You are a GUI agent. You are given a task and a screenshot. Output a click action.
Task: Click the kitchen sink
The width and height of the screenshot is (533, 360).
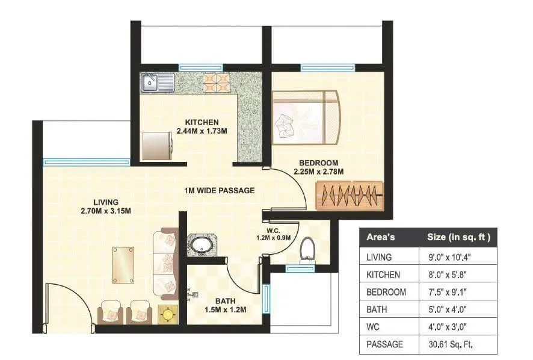tap(157, 82)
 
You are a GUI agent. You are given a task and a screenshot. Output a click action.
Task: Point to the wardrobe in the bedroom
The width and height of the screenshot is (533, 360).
tap(350, 196)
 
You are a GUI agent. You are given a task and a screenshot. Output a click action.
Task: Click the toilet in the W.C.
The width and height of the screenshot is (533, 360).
tap(307, 249)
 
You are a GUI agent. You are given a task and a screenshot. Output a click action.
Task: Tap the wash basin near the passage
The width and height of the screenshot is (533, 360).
tap(199, 245)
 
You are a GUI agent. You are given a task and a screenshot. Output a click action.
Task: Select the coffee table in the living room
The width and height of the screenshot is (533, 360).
tap(124, 265)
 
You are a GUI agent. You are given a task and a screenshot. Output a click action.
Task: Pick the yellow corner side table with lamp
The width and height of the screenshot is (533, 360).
tap(167, 314)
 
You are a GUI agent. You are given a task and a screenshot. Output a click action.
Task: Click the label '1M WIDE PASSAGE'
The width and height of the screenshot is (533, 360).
tap(219, 190)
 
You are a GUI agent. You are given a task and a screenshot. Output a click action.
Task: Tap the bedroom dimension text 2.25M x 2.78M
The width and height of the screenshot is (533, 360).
tap(318, 172)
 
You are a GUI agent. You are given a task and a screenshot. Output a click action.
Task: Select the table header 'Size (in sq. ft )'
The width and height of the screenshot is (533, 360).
tap(458, 237)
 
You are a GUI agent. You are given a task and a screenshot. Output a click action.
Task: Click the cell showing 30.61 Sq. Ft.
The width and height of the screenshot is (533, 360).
tap(450, 345)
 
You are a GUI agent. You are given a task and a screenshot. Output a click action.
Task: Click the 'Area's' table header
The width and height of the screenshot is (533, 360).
tap(381, 237)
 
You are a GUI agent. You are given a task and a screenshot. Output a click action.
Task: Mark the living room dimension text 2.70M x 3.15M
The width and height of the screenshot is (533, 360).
tap(106, 211)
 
